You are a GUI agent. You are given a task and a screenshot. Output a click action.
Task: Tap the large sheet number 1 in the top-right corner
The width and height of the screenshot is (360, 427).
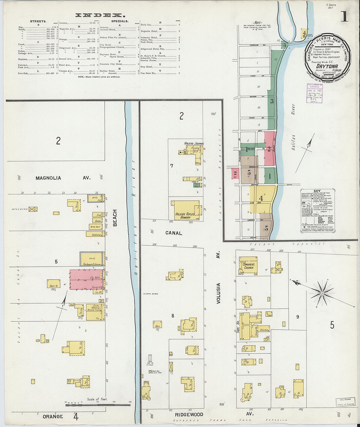click(344, 16)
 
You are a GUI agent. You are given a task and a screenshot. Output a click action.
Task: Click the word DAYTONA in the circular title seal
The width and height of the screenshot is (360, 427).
click(328, 66)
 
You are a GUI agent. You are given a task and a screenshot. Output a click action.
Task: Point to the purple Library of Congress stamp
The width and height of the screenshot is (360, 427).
click(315, 93)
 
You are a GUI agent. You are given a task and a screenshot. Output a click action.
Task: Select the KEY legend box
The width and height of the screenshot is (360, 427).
click(317, 211)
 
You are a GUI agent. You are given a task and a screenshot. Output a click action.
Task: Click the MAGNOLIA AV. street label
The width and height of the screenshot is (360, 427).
click(63, 178)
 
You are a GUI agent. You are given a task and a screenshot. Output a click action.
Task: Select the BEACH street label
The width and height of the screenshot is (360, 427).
click(115, 218)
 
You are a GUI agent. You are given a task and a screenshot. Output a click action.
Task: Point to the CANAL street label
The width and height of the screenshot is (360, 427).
click(173, 233)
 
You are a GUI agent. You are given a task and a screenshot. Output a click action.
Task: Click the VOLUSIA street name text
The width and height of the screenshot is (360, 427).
click(218, 293)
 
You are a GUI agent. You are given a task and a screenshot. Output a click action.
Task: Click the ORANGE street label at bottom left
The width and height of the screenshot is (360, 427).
click(53, 417)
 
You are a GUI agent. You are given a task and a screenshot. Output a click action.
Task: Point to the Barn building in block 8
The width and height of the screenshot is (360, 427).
click(157, 324)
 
